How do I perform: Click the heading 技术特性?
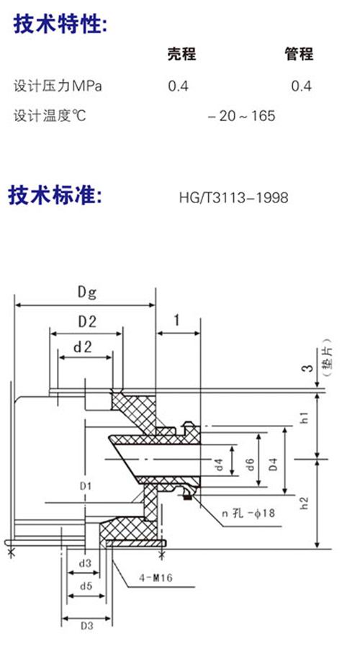[60, 24]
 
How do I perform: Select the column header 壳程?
[181, 54]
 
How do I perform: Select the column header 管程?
[299, 54]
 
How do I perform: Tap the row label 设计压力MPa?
[58, 86]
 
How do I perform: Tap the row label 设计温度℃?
[50, 115]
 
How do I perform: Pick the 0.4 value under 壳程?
[179, 86]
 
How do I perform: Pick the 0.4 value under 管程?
[301, 86]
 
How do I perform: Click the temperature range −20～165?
[242, 116]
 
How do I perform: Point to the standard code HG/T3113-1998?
[233, 197]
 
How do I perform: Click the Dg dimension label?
[87, 292]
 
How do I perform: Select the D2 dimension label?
[87, 321]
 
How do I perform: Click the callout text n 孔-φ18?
[248, 514]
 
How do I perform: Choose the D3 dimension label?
[86, 626]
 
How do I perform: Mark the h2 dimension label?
[305, 503]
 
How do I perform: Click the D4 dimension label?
[273, 465]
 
